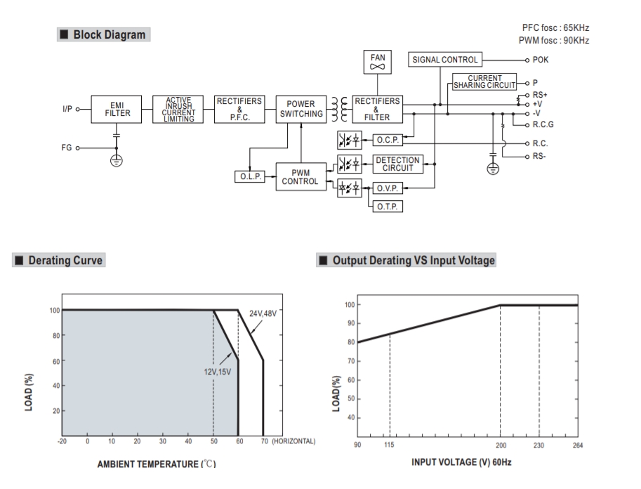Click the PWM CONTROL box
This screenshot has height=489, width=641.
pos(300,176)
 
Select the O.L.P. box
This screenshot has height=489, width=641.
pos(249,176)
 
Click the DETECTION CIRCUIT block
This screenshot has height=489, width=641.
pos(397,164)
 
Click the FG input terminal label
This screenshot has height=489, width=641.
pos(66,148)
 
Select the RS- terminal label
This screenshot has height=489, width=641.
pos(539,156)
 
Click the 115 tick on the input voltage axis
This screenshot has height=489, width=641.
pos(390,445)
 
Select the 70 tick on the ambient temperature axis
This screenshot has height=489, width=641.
pos(263,441)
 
